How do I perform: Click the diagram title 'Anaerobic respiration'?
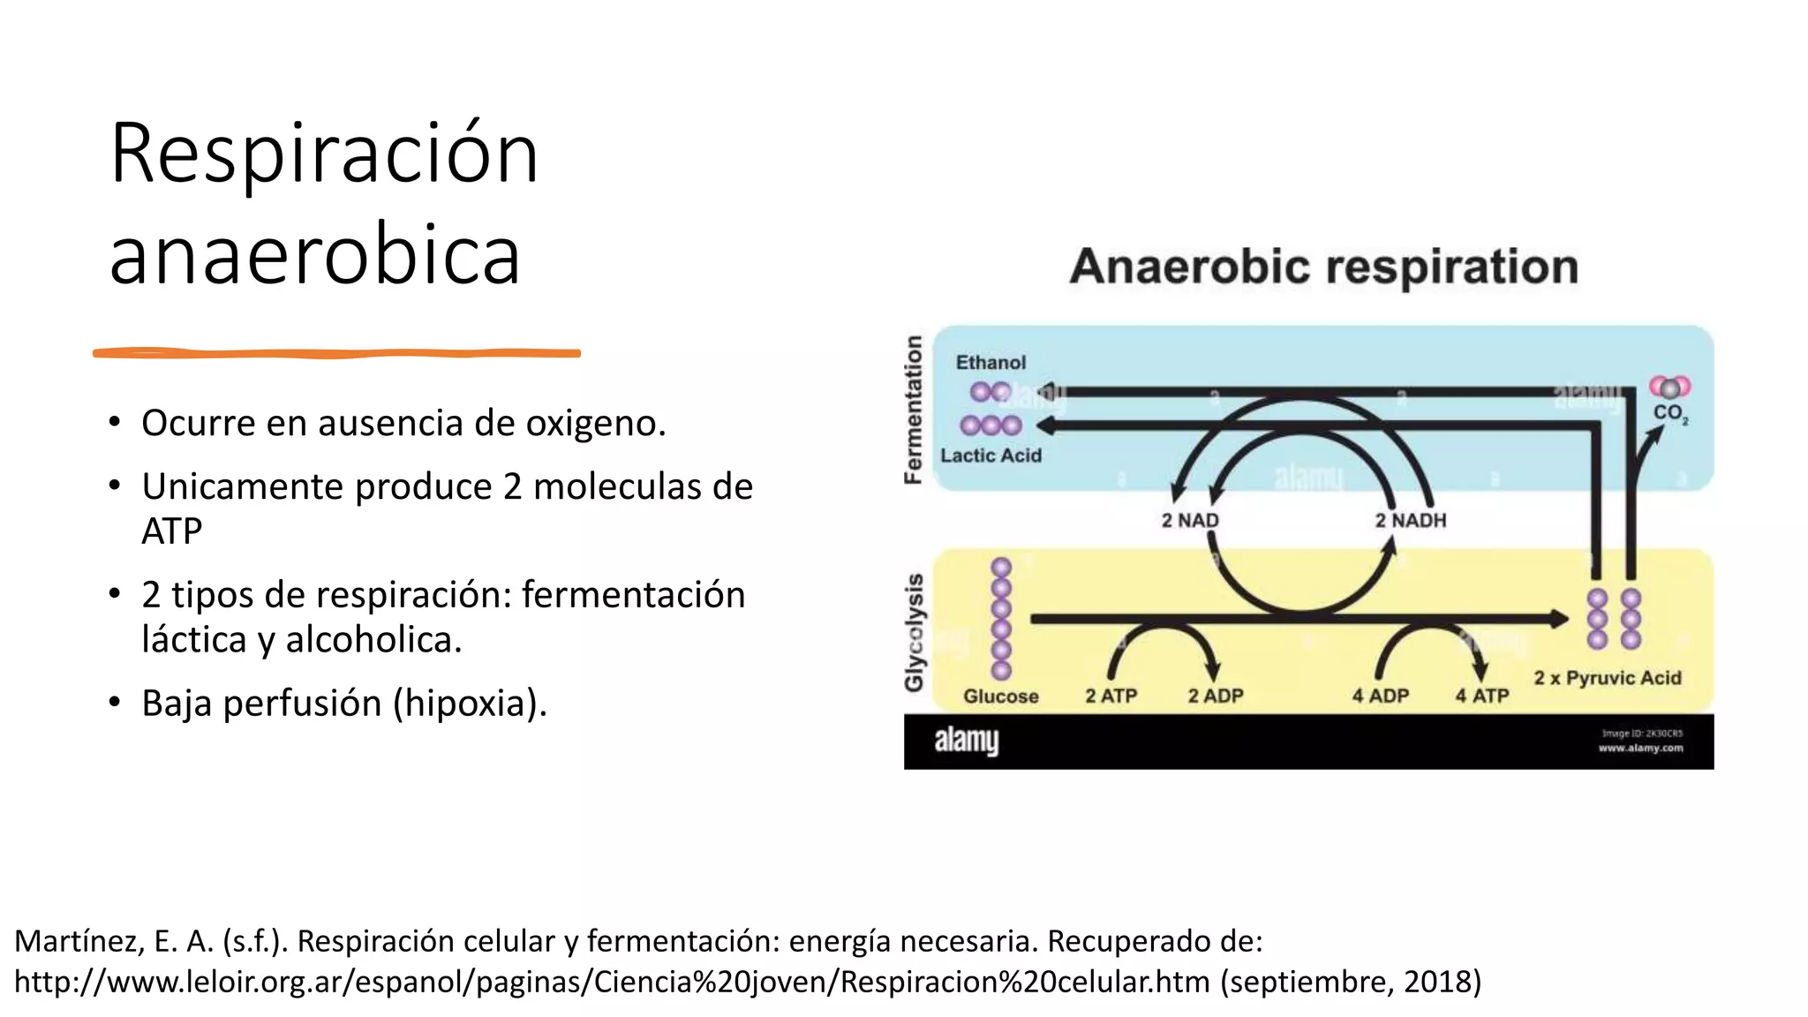pos(1323,267)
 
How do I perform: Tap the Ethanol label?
pos(991,362)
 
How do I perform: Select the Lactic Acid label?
pos(991,456)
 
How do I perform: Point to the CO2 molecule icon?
pos(1669,388)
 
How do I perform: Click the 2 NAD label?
pos(1189,521)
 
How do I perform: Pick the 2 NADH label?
pos(1410,521)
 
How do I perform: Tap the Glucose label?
pos(1000,697)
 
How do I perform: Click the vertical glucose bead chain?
pos(1001,618)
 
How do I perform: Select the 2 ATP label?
pos(1111,697)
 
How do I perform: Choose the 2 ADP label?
pos(1215,697)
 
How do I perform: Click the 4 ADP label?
pos(1380,697)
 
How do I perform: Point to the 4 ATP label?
pos(1482,697)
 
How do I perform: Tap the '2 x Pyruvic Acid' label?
pos(1607,678)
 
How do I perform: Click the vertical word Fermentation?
pos(914,410)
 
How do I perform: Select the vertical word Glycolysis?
pos(914,632)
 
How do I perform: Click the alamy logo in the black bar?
pos(966,741)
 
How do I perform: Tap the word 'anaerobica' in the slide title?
pos(315,255)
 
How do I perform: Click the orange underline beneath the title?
pos(336,353)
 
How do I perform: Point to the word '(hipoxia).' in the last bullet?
pos(470,704)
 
